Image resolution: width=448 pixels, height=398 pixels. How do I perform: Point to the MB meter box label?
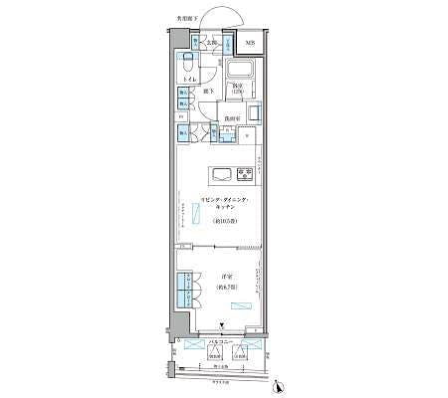[250, 43]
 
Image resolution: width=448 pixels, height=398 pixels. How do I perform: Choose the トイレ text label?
[187, 78]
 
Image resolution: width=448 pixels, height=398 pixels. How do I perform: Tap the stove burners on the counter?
[244, 174]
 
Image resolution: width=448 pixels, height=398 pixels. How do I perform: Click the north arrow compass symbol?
[281, 387]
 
